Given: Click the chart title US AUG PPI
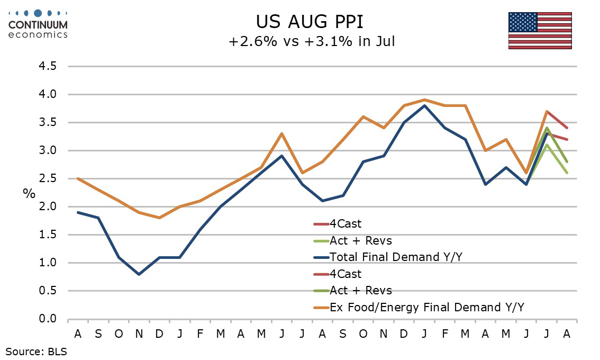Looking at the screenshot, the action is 309,22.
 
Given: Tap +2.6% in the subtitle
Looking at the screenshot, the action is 252,41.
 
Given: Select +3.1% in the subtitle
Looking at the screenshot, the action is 329,41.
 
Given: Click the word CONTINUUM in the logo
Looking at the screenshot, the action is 38,25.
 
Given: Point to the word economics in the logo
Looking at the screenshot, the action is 38,34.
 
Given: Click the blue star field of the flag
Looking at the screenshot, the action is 523,22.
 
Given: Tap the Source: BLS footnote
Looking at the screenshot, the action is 37,352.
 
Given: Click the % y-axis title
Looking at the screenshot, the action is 29,193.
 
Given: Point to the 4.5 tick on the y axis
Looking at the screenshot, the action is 48,66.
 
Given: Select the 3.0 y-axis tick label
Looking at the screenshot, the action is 48,150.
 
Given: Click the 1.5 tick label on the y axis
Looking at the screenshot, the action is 48,235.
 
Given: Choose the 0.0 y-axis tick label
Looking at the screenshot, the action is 48,319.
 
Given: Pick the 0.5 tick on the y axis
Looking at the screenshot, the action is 48,291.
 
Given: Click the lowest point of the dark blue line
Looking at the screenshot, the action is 139,275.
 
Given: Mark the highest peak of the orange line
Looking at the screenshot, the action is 424,100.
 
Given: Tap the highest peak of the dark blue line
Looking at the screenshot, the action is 424,105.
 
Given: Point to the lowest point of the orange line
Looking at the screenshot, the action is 159,218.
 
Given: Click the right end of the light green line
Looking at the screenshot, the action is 567,173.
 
